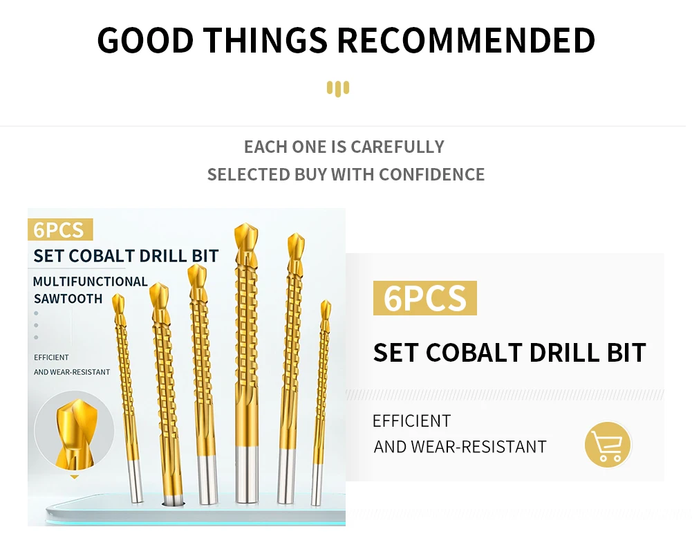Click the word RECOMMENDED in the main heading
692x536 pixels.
[466, 40]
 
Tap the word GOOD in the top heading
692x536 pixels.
[145, 40]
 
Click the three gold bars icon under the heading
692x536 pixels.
[338, 89]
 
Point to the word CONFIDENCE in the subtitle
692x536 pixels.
[431, 175]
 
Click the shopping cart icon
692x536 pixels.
[608, 445]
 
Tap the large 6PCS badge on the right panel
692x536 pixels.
[425, 298]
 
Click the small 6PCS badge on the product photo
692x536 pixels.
[60, 230]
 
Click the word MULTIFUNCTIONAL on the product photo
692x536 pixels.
[91, 281]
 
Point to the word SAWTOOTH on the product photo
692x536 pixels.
[68, 299]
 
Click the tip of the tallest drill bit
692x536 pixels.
[246, 224]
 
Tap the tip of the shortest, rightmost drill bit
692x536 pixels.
[326, 301]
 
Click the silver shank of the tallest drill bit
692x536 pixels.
[247, 474]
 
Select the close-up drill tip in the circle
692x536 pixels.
[75, 433]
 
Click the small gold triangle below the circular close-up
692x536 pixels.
[75, 477]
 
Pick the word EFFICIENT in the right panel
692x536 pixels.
[412, 421]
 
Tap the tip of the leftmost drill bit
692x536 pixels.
[118, 295]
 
